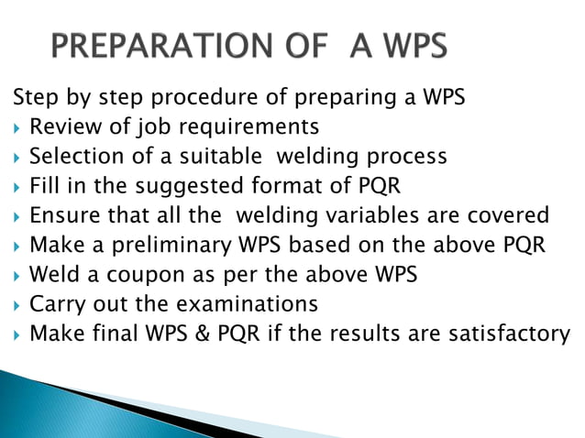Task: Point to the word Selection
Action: click(x=73, y=155)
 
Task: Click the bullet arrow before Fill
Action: click(x=16, y=186)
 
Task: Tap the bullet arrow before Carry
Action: click(x=16, y=303)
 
